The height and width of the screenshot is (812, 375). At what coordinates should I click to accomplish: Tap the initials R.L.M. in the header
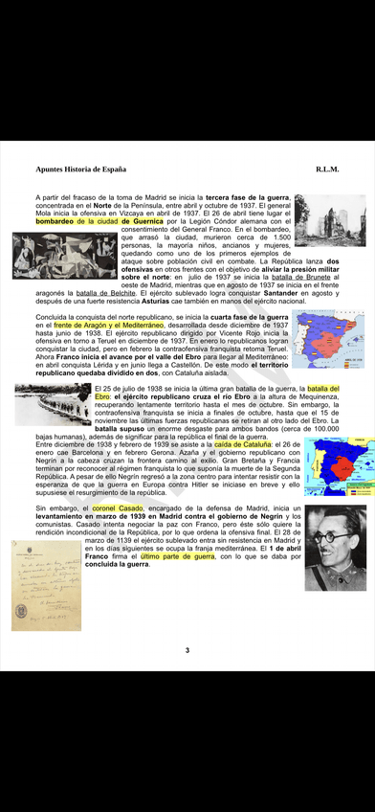point(327,169)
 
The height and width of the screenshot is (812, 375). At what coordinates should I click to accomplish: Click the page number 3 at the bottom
point(187,650)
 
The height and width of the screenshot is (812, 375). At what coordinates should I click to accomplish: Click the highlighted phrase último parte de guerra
point(177,555)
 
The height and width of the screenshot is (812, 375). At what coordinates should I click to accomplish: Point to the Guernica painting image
point(64,255)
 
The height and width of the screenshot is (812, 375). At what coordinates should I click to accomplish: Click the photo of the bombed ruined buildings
point(330,220)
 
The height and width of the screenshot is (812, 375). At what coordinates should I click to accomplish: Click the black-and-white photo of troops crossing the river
point(53,403)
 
